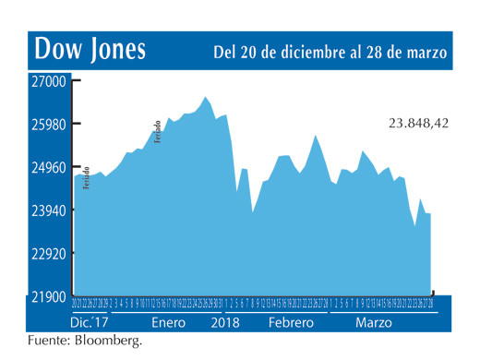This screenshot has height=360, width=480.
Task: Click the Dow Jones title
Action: pyautogui.click(x=90, y=49)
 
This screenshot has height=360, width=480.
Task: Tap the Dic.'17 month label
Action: pyautogui.click(x=90, y=325)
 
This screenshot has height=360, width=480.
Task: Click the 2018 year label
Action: pyautogui.click(x=225, y=325)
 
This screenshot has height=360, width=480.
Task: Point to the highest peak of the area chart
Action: pyautogui.click(x=207, y=97)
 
